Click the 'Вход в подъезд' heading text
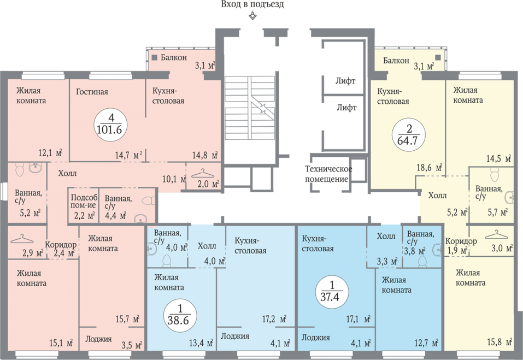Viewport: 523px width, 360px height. coord(252,4)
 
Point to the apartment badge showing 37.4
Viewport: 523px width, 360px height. coord(332,291)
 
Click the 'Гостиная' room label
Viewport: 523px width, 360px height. coord(92,92)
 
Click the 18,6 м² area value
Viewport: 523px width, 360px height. coord(429,167)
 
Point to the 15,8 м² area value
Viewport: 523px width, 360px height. coord(499,342)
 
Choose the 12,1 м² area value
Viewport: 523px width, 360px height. coord(50,153)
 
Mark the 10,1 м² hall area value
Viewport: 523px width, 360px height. coord(174,179)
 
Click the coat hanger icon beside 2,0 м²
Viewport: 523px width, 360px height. coord(202,174)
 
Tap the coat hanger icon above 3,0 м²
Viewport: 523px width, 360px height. coord(496,235)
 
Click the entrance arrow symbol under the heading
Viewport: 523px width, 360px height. coord(253,16)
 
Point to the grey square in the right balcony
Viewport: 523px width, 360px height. coord(438,57)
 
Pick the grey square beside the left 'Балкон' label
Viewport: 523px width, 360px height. coord(155,58)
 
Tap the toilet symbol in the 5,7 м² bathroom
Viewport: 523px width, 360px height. coord(495,174)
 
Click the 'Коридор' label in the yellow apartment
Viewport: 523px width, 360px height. coord(461,241)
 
